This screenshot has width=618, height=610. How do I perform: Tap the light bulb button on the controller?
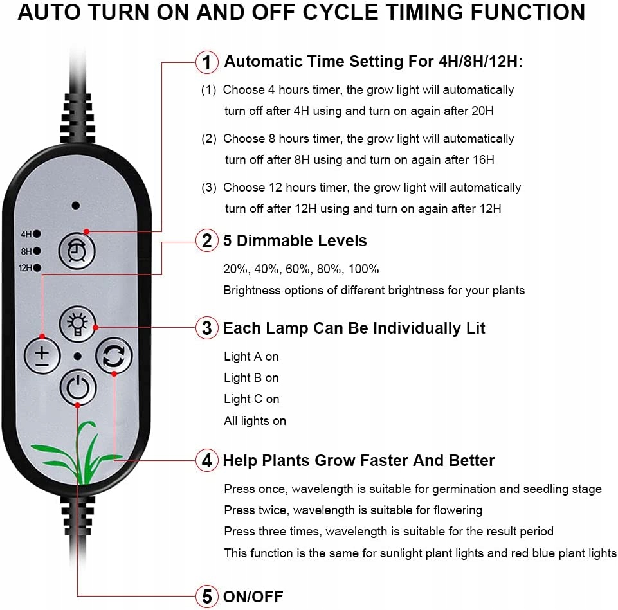tap(78, 324)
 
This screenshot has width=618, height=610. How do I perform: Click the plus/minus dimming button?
tap(42, 356)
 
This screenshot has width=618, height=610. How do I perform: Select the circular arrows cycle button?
tap(114, 355)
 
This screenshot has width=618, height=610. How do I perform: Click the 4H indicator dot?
tap(37, 234)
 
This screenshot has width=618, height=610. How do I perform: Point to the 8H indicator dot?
tap(37, 251)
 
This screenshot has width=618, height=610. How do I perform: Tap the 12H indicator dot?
tap(37, 268)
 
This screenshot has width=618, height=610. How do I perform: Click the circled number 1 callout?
tap(207, 62)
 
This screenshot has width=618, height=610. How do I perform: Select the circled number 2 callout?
tap(207, 240)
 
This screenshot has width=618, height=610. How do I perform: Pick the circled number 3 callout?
tap(207, 328)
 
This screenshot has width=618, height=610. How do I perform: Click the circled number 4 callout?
tap(207, 460)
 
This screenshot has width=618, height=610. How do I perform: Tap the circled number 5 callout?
tap(207, 597)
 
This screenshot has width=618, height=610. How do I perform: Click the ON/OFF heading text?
tap(253, 597)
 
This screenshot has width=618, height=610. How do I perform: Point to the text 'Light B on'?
tap(251, 377)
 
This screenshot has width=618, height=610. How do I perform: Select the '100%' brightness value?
tap(363, 269)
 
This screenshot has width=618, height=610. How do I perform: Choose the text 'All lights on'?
tap(255, 421)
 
